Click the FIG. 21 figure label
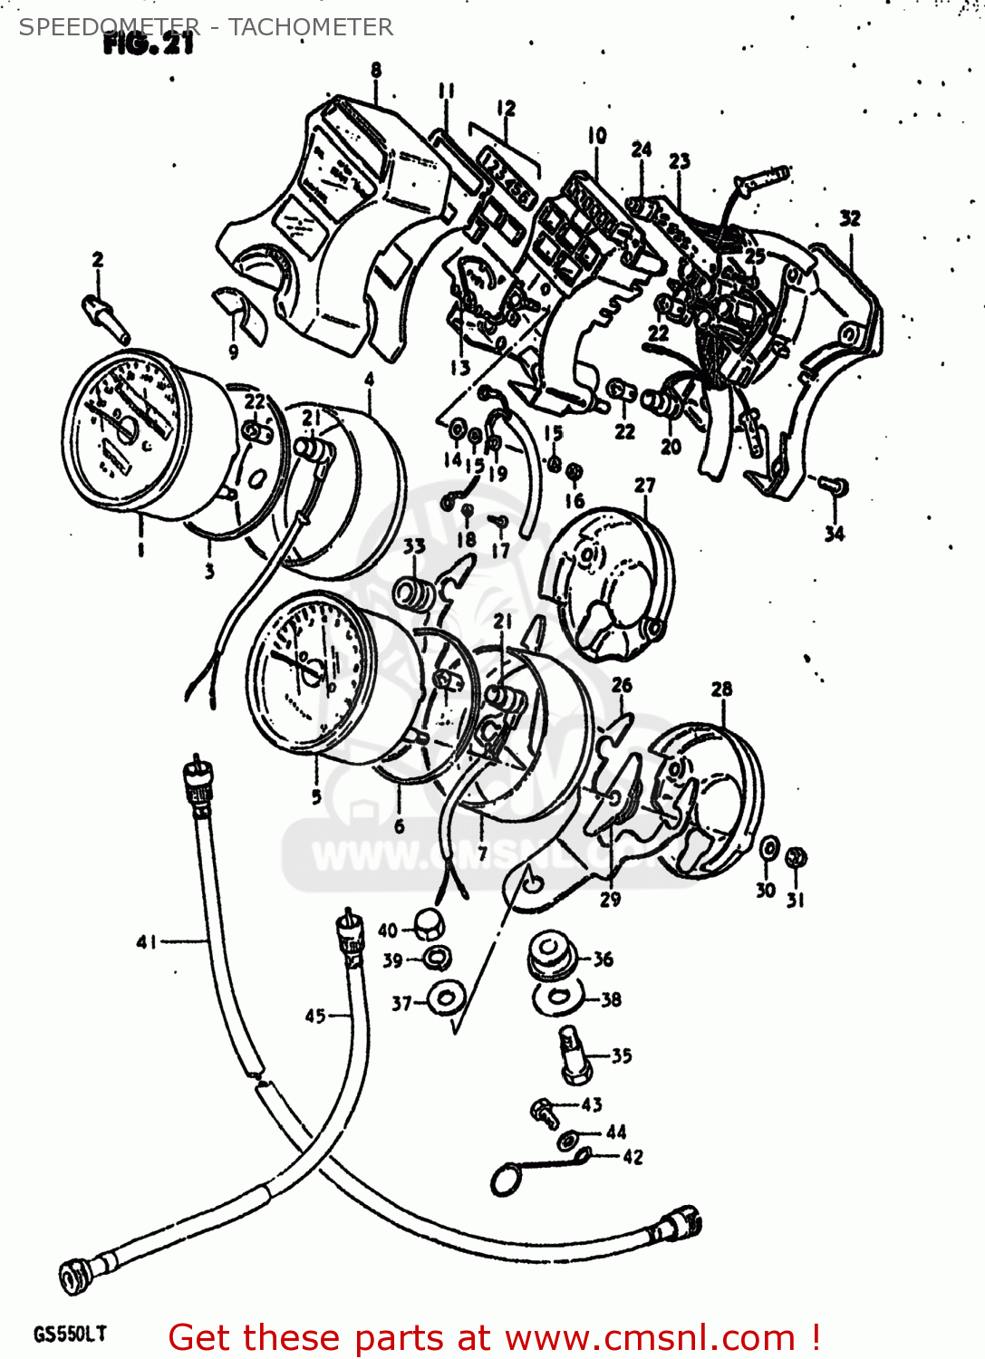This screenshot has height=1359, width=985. pyautogui.click(x=148, y=44)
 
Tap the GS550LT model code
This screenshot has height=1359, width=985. pyautogui.click(x=70, y=1334)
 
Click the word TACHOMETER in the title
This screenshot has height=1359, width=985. pyautogui.click(x=311, y=27)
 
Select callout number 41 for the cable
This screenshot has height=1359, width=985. pyautogui.click(x=147, y=942)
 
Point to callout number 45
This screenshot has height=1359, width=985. pyautogui.click(x=314, y=1016)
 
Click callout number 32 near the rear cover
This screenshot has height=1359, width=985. pyautogui.click(x=849, y=218)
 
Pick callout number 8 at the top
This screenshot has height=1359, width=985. pyautogui.click(x=375, y=70)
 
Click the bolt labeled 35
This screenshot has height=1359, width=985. pyautogui.click(x=574, y=1055)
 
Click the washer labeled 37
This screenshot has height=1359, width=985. pyautogui.click(x=447, y=998)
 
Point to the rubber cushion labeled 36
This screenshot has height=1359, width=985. pyautogui.click(x=550, y=956)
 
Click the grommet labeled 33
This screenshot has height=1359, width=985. pyautogui.click(x=414, y=593)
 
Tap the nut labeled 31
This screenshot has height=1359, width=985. pyautogui.click(x=796, y=857)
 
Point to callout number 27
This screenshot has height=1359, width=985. pyautogui.click(x=644, y=486)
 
